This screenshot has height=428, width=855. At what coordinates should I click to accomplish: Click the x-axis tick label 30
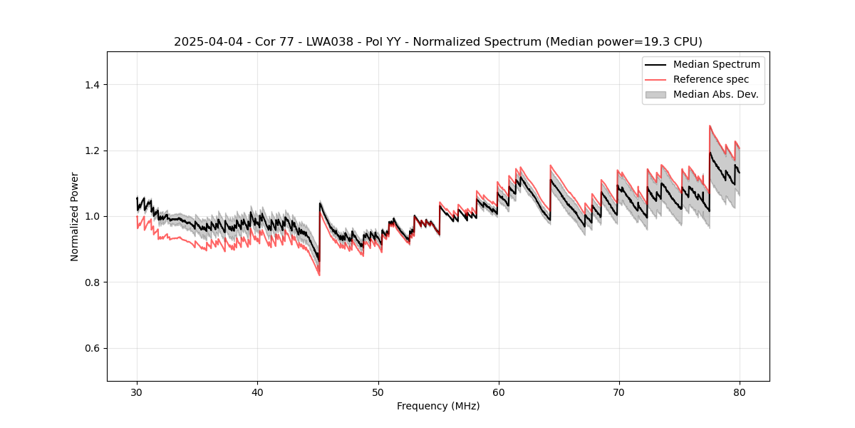tap(137, 392)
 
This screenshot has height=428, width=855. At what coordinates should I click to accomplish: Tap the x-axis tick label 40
tap(257, 392)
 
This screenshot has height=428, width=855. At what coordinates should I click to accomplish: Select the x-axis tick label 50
tap(378, 392)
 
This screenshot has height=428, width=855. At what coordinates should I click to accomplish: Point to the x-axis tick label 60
tap(498, 392)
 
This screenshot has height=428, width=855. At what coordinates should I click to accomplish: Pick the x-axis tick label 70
tap(618, 392)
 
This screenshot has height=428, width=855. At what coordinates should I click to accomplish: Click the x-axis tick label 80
tap(739, 392)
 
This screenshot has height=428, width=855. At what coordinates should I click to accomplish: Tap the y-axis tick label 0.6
tap(92, 348)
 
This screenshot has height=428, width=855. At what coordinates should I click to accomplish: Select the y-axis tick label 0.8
tap(92, 282)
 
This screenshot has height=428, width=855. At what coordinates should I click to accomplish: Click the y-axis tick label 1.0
tap(92, 216)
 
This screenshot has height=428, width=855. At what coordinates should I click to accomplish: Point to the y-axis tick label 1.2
tap(92, 151)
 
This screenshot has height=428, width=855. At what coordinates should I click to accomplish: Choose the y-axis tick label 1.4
tap(92, 85)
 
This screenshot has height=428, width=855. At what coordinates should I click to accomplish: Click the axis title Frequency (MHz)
tap(438, 406)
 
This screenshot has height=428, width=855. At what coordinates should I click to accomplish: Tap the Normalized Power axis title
tap(75, 216)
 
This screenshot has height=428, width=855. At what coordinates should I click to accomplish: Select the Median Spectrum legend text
tap(716, 64)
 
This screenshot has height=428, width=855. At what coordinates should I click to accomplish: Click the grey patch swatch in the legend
tap(655, 94)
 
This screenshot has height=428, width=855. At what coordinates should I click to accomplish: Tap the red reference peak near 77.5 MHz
tap(710, 126)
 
